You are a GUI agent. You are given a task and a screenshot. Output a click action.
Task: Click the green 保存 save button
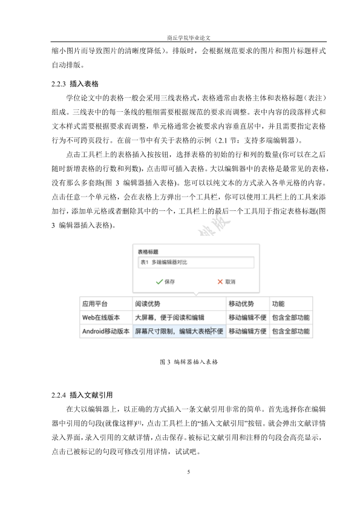point(165,282)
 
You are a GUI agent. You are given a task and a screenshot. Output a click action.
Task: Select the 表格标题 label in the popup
point(148,251)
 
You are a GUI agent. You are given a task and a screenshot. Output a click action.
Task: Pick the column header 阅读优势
point(148,303)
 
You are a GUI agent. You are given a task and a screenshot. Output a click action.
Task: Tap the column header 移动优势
point(241,303)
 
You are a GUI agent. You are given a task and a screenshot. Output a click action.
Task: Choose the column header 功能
point(278,303)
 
